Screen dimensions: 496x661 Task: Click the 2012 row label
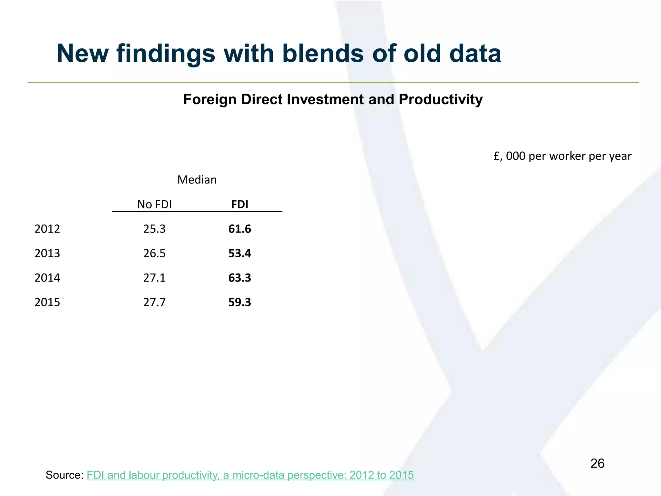click(47, 229)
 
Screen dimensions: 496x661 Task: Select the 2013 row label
click(47, 253)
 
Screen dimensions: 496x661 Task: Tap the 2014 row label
click(47, 278)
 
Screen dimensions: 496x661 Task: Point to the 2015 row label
click(47, 302)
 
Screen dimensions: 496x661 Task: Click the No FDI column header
click(154, 204)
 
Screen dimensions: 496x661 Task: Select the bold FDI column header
click(239, 204)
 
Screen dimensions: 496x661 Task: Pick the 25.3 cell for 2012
click(154, 229)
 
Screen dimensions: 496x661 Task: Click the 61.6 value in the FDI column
click(239, 229)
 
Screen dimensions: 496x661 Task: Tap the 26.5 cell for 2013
click(154, 253)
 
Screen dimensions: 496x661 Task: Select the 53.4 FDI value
click(239, 253)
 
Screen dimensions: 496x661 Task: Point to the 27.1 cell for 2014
click(154, 278)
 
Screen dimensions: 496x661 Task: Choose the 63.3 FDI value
click(239, 278)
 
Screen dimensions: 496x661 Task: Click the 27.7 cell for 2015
click(154, 302)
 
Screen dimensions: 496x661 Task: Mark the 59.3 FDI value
click(239, 302)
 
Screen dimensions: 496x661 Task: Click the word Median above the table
click(197, 180)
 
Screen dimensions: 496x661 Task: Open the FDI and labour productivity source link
click(250, 475)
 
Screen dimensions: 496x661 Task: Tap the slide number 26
click(597, 464)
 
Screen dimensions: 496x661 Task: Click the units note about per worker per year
click(562, 156)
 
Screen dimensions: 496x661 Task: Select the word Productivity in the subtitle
click(441, 99)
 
